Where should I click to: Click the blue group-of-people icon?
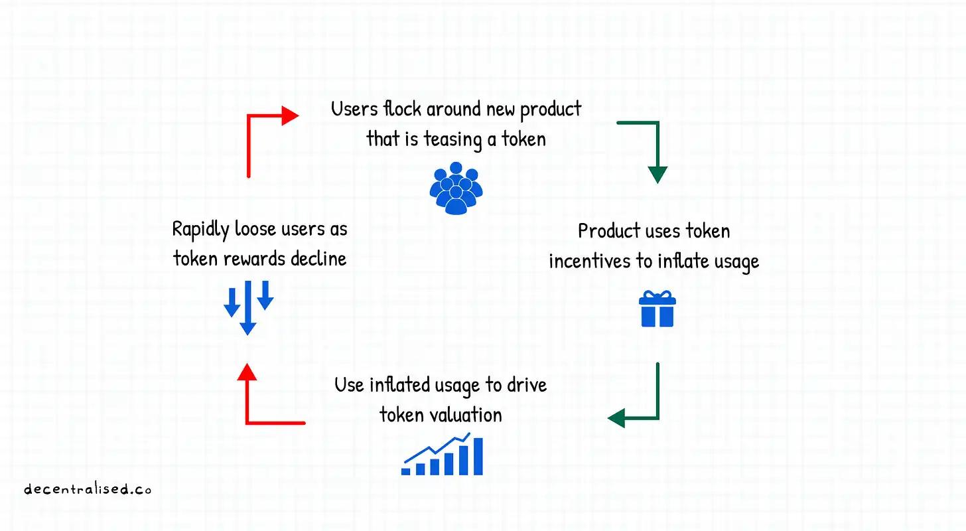coord(454,188)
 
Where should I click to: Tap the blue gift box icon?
coord(657,309)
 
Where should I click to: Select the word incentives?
coord(590,261)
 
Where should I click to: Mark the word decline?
coord(320,258)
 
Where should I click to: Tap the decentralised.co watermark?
coord(88,490)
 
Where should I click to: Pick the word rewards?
coord(241,258)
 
